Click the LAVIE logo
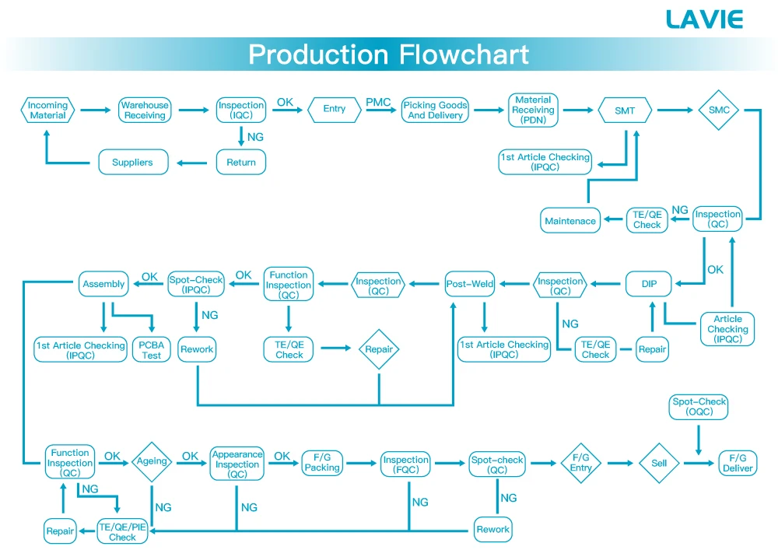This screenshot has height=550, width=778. pos(704,19)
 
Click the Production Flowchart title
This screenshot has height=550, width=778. pos(388,54)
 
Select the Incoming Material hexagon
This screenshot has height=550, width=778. pos(48,110)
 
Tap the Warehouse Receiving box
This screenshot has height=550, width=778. pos(145,110)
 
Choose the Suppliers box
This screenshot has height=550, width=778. pos(132,163)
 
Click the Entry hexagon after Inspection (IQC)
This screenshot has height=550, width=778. pos(335,110)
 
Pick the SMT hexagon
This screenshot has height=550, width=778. pos(625,110)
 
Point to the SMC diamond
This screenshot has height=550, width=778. pos(719,110)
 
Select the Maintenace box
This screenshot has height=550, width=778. pos(570,221)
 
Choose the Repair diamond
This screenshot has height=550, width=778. pos(379,349)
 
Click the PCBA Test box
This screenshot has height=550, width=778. pos(152,349)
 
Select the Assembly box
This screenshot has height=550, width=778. pos(103,285)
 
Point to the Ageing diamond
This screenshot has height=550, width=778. pos(152,461)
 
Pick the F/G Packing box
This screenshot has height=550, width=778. pos(322,463)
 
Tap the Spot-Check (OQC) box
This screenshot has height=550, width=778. pos(699,407)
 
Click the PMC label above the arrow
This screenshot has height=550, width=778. pos(378,102)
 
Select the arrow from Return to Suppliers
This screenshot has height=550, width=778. pos(196,163)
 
